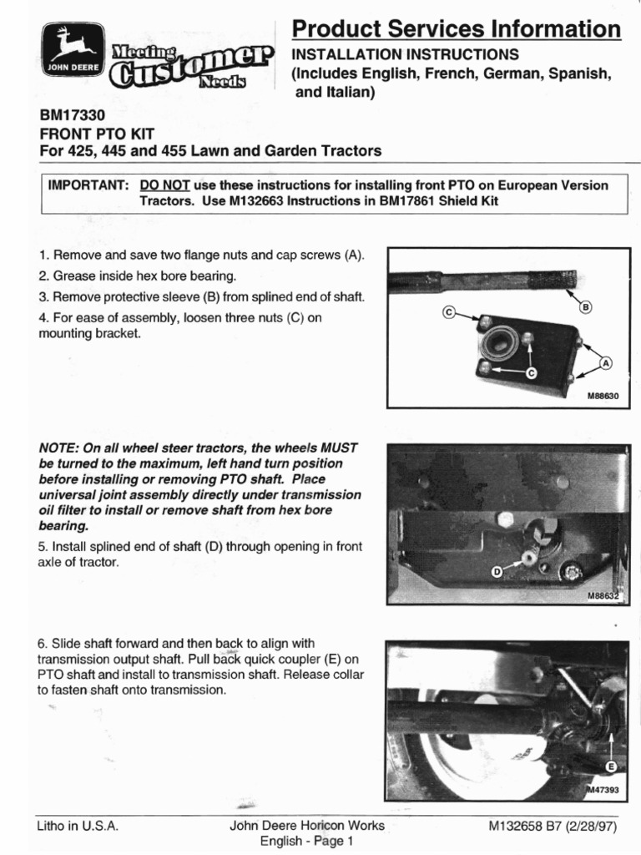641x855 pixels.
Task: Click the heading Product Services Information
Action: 456,30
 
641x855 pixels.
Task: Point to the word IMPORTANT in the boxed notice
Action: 88,185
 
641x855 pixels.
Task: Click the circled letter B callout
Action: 585,307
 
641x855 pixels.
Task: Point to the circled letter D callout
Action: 497,571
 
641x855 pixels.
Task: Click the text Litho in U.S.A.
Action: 78,826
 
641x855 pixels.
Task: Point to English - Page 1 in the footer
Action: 307,841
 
